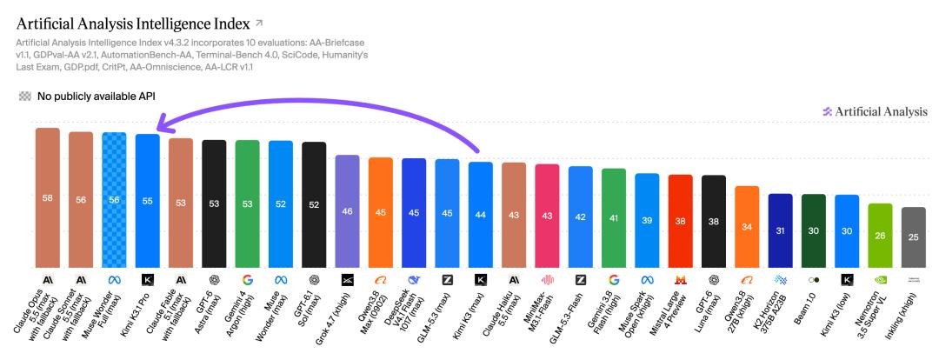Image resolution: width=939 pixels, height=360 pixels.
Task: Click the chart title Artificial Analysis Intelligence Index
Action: click(x=133, y=24)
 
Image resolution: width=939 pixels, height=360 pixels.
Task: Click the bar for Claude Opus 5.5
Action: click(x=48, y=197)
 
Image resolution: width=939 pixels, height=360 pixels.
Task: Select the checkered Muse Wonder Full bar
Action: click(x=114, y=200)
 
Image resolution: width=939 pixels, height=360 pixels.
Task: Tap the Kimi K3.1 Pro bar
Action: click(x=147, y=201)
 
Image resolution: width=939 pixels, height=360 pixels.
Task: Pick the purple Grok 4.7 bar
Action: click(x=347, y=211)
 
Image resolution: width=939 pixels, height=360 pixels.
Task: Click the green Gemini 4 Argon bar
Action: click(x=247, y=203)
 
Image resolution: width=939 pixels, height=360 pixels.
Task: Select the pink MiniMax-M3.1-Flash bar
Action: click(x=547, y=216)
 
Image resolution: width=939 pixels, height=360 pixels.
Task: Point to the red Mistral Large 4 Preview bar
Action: click(x=680, y=221)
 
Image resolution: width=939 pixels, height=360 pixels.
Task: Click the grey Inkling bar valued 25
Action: click(x=913, y=237)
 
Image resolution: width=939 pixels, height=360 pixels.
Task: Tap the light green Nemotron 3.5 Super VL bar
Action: click(x=880, y=236)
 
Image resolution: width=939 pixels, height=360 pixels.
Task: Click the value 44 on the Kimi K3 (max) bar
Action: click(x=480, y=215)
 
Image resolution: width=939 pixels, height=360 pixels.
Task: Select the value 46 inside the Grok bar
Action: click(x=347, y=211)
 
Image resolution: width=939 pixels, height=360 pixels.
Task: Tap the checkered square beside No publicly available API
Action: click(x=24, y=96)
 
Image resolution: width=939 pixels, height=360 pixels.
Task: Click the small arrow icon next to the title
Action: click(x=259, y=23)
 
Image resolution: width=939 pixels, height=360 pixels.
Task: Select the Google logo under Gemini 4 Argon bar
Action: click(x=247, y=280)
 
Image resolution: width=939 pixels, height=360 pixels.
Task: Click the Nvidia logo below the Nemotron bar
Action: click(x=880, y=280)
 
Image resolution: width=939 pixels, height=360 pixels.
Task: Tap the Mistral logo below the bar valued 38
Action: click(x=680, y=280)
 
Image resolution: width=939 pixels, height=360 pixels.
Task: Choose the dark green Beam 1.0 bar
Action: click(x=813, y=230)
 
